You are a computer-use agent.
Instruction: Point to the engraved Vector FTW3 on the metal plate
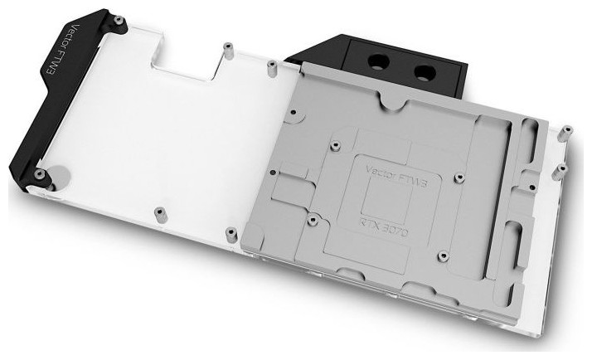[397, 176]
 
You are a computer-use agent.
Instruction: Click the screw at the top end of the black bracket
[119, 21]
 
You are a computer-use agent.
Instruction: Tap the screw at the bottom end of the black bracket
[39, 173]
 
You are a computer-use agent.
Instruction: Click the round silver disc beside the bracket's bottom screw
[59, 176]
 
